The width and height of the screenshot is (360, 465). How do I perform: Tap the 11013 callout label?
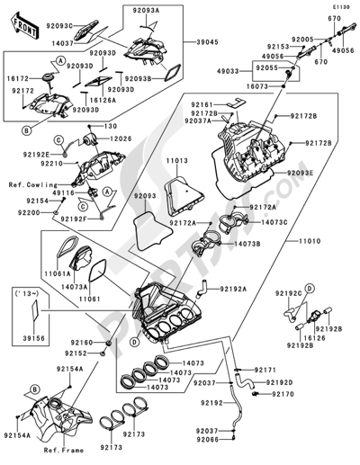pos(176,160)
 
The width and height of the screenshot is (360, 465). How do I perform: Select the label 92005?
pos(302,40)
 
